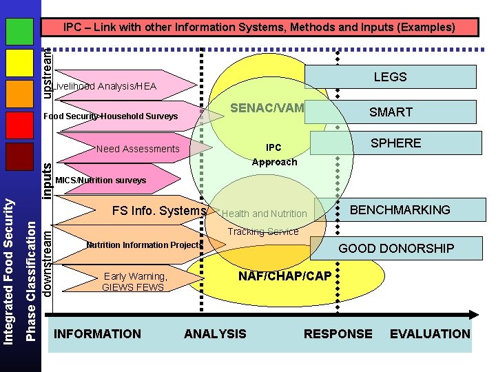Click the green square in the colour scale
click(19, 30)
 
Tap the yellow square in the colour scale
click(19, 63)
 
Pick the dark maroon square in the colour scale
click(19, 156)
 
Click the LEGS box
click(390, 77)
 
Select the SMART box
click(391, 112)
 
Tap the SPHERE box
click(395, 143)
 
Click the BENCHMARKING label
click(400, 210)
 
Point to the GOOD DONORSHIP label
click(396, 248)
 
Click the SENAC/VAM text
click(267, 108)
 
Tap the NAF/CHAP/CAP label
click(285, 276)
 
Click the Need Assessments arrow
click(138, 149)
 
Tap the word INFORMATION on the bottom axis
click(97, 334)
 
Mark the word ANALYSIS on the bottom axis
click(215, 334)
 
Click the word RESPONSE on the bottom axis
click(338, 334)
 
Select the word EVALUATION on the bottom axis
click(430, 334)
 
